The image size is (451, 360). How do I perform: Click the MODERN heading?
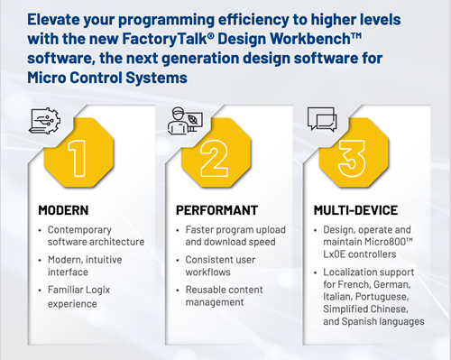(64, 210)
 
